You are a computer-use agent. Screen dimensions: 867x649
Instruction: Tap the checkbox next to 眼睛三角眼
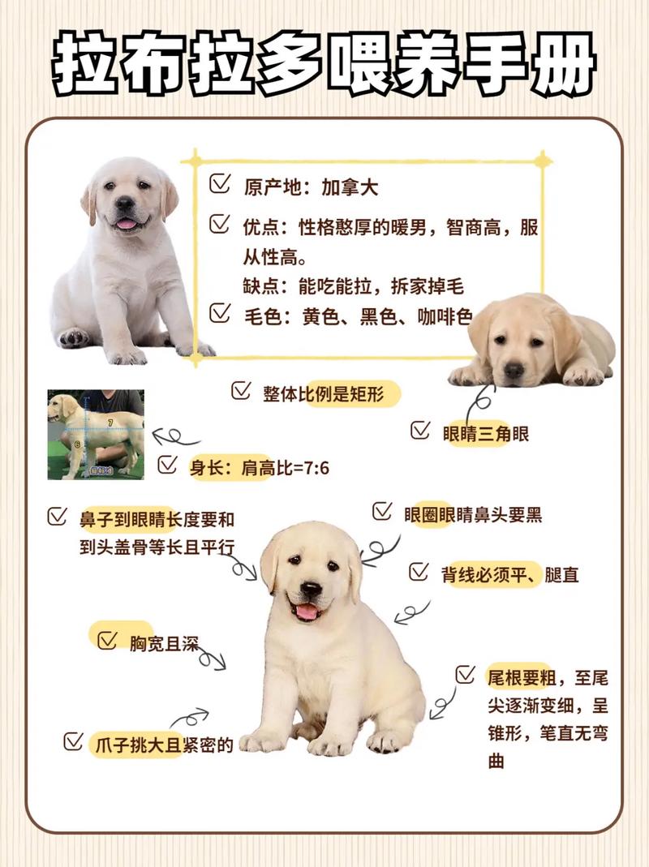pos(419,430)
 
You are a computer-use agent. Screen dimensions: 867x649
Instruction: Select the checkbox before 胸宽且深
pos(107,640)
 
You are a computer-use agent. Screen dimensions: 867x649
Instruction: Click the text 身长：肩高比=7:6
pos(260,467)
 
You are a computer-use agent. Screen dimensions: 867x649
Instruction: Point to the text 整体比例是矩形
pos(331,394)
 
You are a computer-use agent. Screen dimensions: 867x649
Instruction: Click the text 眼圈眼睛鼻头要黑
pos(473,514)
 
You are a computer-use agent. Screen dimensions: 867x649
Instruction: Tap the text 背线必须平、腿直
pos(509,575)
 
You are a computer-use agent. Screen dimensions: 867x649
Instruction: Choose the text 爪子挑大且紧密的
pos(162,744)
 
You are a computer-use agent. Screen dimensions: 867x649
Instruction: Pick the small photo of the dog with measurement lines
pos(96,434)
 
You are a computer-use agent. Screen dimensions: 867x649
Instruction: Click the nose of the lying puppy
pos(514,369)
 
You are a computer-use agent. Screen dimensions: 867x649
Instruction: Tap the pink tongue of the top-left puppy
pos(127,223)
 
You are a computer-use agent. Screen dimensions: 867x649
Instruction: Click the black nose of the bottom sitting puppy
pos(311,588)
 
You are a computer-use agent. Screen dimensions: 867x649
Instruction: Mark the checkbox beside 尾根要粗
pos(465,675)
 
